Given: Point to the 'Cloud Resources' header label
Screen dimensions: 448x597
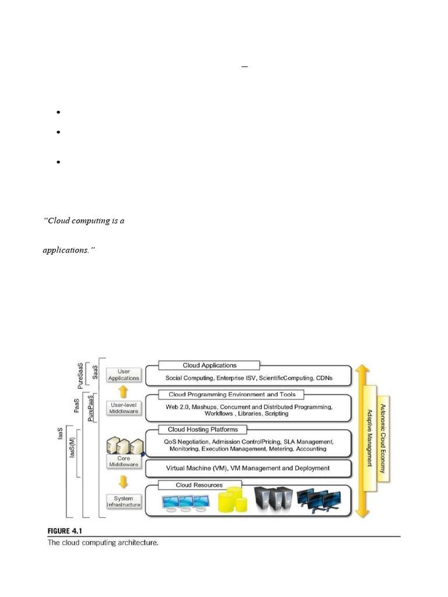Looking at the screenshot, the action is [x=199, y=484].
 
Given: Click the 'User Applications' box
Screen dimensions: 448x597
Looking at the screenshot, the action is [x=124, y=374].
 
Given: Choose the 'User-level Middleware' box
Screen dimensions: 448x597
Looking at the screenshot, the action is [x=124, y=408].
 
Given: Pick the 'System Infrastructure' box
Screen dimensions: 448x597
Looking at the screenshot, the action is [x=124, y=501].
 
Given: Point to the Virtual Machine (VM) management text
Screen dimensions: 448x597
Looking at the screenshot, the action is [x=248, y=468].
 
